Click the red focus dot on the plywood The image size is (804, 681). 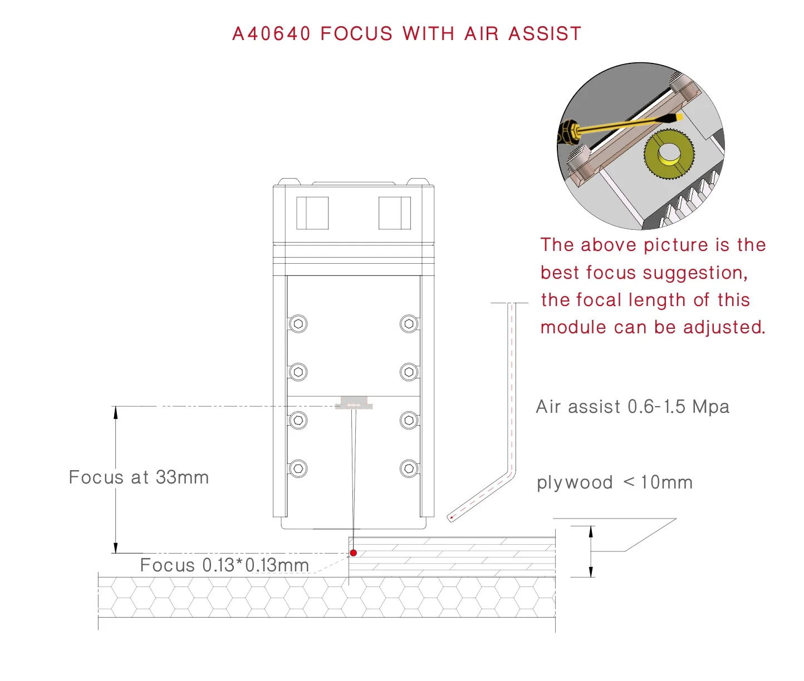pyautogui.click(x=353, y=553)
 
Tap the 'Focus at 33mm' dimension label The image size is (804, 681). pyautogui.click(x=139, y=477)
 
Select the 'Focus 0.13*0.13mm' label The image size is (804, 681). pyautogui.click(x=224, y=565)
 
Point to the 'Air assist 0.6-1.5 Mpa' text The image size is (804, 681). pyautogui.click(x=633, y=407)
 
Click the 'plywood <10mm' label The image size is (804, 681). pyautogui.click(x=615, y=482)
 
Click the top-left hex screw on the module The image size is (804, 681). pyautogui.click(x=298, y=324)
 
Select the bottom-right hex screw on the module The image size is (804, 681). pyautogui.click(x=409, y=468)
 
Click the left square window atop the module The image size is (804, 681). pyautogui.click(x=312, y=213)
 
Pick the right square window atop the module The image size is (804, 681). pyautogui.click(x=395, y=213)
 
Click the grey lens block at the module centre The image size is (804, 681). pyautogui.click(x=354, y=402)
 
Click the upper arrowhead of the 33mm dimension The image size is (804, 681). pyautogui.click(x=116, y=412)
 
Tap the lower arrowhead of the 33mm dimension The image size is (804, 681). pyautogui.click(x=116, y=548)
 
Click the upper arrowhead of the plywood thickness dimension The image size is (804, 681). pyautogui.click(x=591, y=531)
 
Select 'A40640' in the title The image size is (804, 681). pyautogui.click(x=271, y=34)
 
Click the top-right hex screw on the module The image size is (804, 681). pyautogui.click(x=409, y=324)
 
